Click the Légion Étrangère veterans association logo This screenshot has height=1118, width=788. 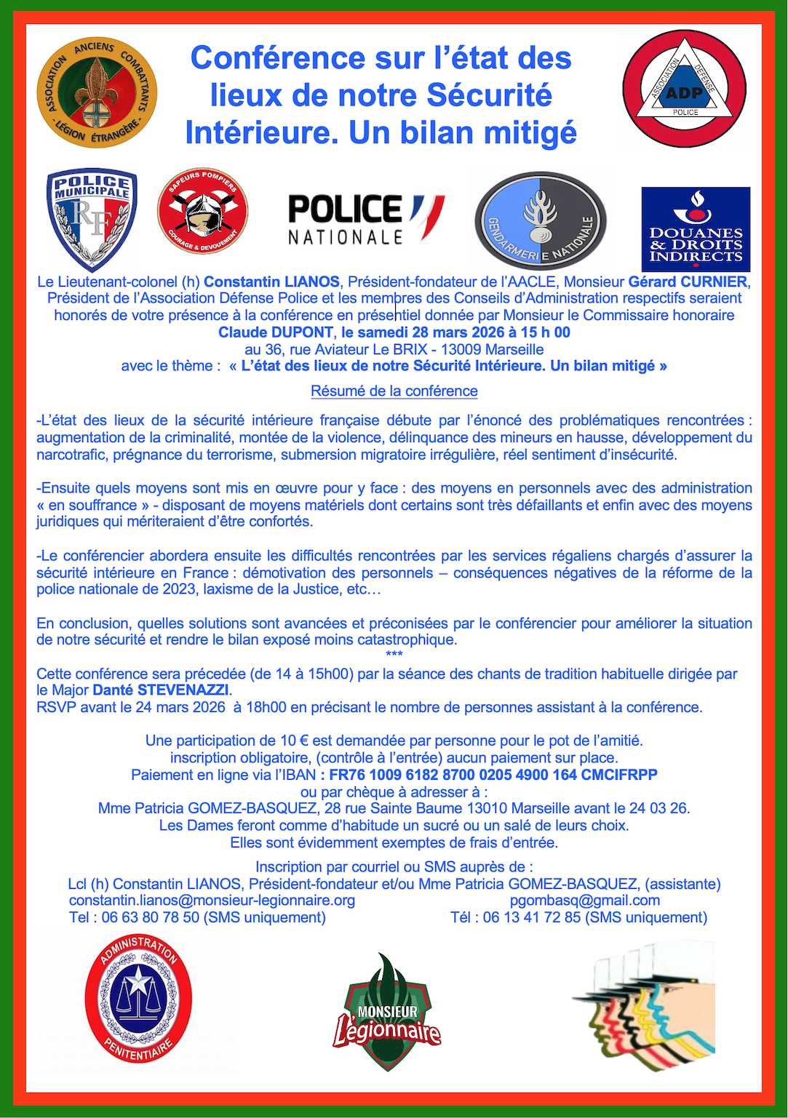97,92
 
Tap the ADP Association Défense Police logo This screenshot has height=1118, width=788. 684,88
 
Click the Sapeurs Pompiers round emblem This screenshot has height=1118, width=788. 202,212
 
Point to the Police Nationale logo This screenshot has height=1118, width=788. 366,219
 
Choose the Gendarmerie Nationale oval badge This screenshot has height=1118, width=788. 540,220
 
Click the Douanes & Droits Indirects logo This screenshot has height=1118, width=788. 695,229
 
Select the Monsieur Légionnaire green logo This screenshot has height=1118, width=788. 387,1012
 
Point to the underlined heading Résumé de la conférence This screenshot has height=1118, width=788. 394,391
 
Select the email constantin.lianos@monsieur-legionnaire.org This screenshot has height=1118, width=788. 212,901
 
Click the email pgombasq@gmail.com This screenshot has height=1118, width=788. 585,901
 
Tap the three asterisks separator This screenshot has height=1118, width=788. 394,655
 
